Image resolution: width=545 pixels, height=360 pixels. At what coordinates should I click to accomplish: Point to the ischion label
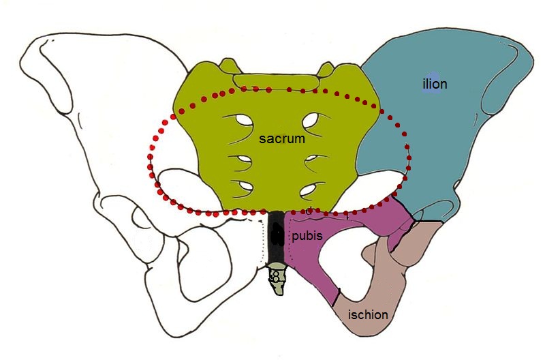(368, 315)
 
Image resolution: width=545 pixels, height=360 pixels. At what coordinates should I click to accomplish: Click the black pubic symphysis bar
(276, 239)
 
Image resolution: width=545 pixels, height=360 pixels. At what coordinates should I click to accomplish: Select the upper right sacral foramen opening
(310, 123)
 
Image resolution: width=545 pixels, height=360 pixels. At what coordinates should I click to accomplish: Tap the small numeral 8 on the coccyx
(275, 277)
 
